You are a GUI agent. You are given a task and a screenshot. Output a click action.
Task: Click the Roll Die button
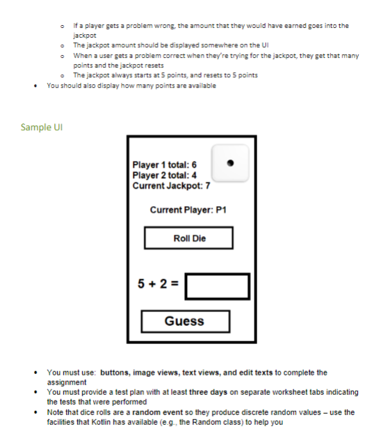pos(188,237)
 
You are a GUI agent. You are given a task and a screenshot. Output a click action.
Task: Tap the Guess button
pos(186,321)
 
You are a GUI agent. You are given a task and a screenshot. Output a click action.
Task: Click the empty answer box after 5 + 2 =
pos(218,286)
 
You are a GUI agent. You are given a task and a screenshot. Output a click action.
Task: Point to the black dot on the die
pos(230,163)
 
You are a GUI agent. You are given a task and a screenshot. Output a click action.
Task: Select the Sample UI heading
pos(42,127)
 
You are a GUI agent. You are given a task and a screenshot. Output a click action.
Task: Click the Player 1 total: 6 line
pos(164,164)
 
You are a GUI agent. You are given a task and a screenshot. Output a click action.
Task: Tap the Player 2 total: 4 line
pos(164,175)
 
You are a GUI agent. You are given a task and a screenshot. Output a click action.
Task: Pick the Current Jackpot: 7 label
pos(171,186)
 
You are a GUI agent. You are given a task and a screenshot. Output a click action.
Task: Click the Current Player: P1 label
pos(188,210)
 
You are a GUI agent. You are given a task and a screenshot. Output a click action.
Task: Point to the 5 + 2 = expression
pos(158,283)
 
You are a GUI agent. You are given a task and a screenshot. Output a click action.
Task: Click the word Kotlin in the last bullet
pos(101,422)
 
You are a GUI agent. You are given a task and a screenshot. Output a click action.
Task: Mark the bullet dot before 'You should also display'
pos(35,86)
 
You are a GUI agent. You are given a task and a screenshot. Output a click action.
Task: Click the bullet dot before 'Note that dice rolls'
pos(35,412)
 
